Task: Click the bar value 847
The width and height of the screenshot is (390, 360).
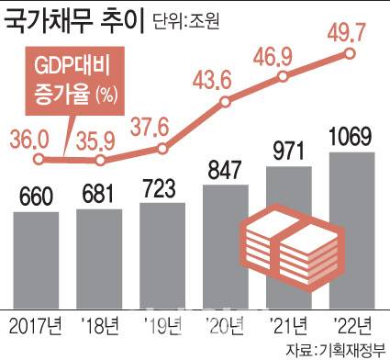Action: click(225, 169)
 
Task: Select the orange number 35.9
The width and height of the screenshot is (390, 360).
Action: click(100, 141)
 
